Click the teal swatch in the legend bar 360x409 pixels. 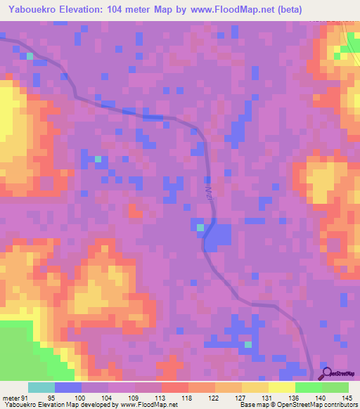41,387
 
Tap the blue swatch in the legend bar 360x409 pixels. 68,387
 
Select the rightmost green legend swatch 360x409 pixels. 335,387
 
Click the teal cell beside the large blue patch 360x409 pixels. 200,228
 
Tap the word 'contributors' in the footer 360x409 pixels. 340,405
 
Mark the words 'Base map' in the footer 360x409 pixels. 255,405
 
